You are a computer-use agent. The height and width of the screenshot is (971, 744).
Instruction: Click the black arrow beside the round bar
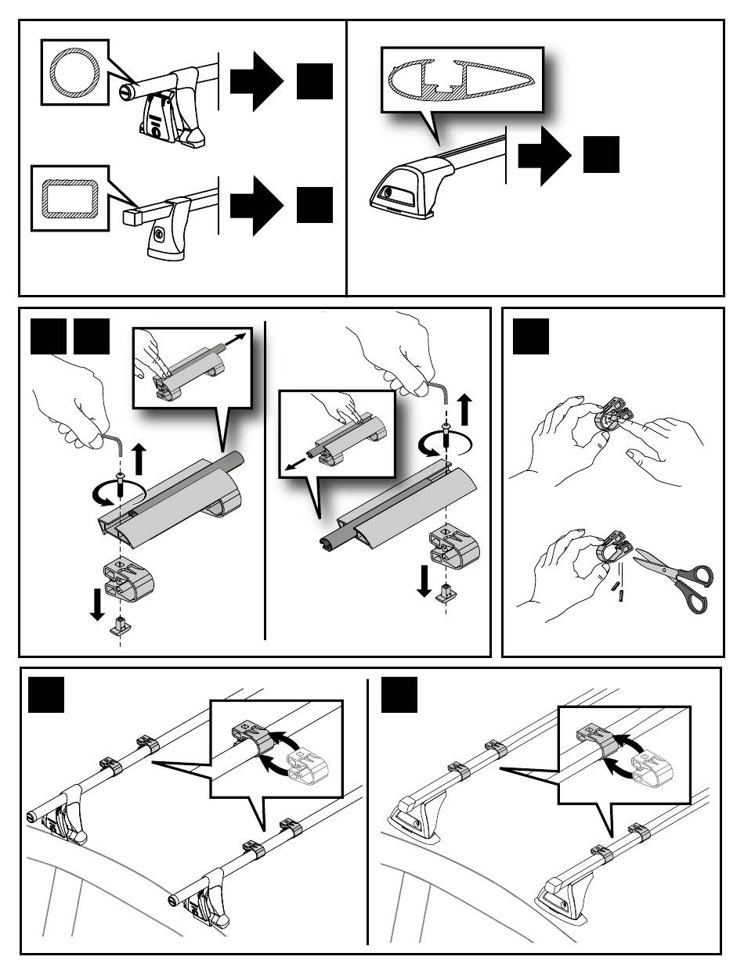coord(257,81)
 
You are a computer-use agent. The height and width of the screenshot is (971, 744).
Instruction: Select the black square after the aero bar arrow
coord(601,154)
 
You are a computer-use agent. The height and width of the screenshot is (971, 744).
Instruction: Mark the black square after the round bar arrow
coord(316,81)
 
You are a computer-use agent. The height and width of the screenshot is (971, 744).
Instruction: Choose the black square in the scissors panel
coord(530,337)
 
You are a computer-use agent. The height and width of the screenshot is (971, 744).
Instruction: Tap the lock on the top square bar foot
coord(160,233)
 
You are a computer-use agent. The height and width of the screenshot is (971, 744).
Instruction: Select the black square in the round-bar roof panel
coord(45,696)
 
